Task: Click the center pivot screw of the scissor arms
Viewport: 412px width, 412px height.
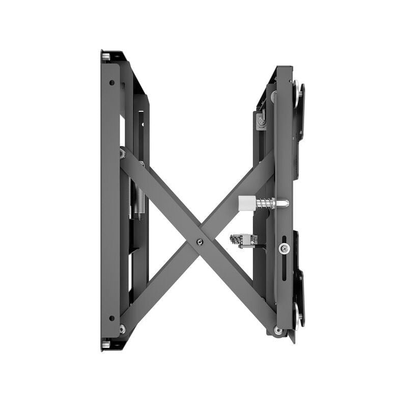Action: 199,242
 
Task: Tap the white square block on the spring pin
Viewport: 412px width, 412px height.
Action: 246,203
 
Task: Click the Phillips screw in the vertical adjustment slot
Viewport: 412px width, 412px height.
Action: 283,249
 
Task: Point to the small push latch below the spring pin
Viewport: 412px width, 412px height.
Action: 243,240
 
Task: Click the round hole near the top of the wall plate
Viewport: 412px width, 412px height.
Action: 111,82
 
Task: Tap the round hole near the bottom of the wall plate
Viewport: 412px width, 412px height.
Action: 111,318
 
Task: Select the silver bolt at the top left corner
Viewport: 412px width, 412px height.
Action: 106,56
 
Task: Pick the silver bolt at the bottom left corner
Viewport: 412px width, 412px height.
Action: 106,344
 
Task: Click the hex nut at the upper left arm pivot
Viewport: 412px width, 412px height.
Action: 123,153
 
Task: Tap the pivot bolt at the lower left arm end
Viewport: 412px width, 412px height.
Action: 122,329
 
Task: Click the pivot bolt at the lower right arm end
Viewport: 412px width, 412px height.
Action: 278,330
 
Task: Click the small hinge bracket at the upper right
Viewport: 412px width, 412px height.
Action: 261,120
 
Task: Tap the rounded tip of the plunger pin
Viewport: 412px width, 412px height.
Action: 285,203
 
